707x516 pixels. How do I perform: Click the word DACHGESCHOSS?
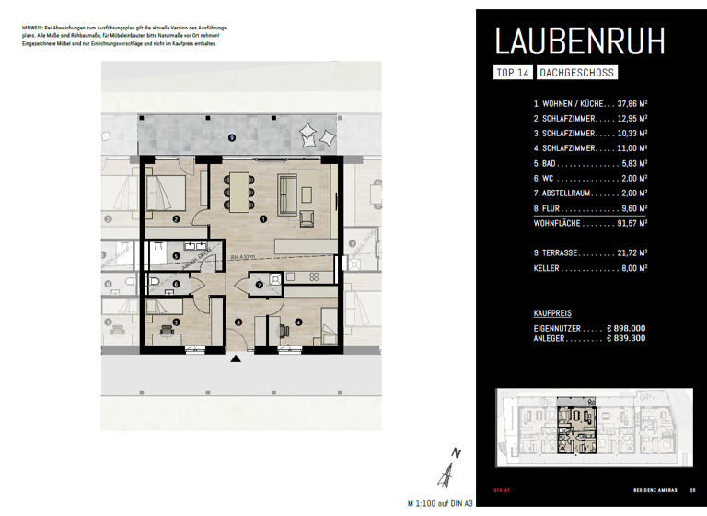576,72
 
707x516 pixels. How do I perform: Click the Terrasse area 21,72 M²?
631,252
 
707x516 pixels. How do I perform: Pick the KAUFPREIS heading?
552,313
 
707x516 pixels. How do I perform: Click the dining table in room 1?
239,189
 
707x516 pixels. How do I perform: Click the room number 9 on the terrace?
231,137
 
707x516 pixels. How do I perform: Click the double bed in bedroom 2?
169,192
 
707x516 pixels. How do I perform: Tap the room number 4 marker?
299,322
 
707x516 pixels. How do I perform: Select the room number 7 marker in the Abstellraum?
260,286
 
